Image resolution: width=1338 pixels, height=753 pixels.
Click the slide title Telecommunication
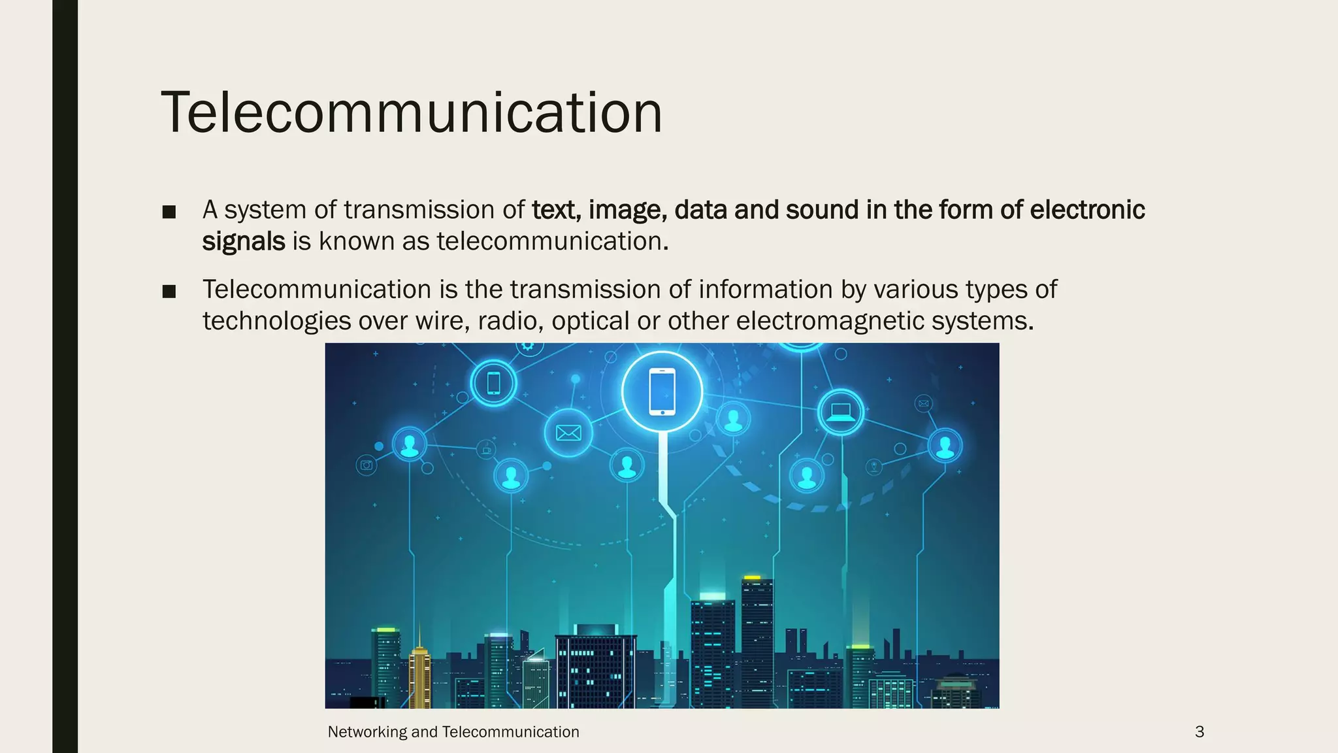[412, 112]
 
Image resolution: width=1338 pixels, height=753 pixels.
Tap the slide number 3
[1199, 732]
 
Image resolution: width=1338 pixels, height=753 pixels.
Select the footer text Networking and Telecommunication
[453, 732]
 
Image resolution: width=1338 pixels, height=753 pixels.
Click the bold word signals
[243, 242]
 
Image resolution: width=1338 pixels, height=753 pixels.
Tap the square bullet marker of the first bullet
[169, 212]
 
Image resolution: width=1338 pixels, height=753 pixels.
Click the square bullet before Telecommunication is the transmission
[169, 292]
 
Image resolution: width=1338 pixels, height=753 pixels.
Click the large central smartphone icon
[662, 392]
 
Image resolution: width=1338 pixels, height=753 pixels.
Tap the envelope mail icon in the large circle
[568, 433]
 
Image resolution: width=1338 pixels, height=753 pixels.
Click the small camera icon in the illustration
[367, 465]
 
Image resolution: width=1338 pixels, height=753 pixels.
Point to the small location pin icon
[873, 467]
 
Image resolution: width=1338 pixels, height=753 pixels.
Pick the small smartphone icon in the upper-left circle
[494, 383]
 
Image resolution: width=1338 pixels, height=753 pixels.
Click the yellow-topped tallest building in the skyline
[757, 641]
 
